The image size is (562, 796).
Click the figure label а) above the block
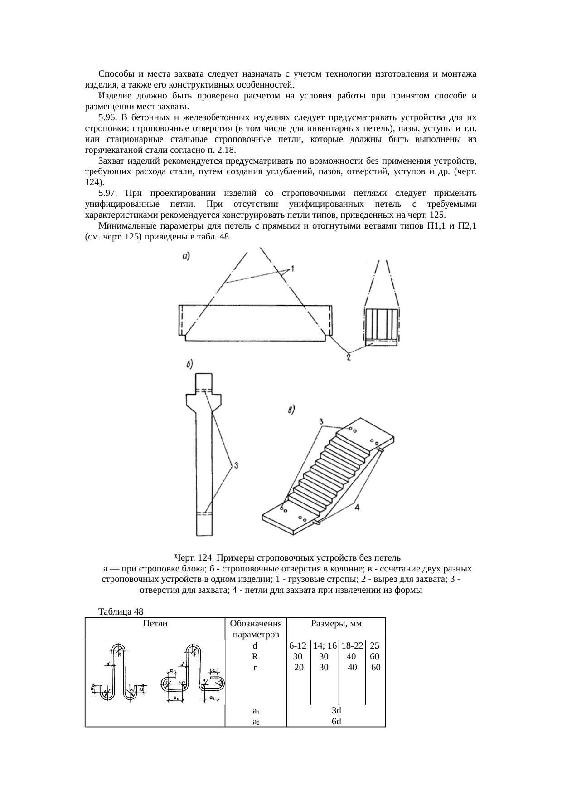point(185,256)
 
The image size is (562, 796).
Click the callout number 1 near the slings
point(293,269)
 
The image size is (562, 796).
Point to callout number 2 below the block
point(348,358)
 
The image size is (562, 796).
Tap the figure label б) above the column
point(190,364)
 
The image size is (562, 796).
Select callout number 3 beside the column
point(236,465)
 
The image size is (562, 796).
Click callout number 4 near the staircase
point(357,508)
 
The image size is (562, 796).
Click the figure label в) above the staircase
point(292,410)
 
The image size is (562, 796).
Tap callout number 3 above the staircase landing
point(321,422)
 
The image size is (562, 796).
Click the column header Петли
point(155,624)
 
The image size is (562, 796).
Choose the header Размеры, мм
point(336,624)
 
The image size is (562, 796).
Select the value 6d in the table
point(336,721)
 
